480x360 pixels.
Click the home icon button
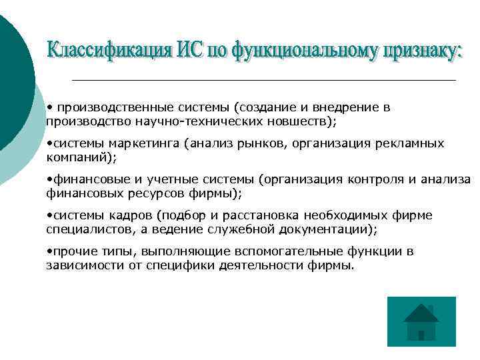(421, 321)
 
